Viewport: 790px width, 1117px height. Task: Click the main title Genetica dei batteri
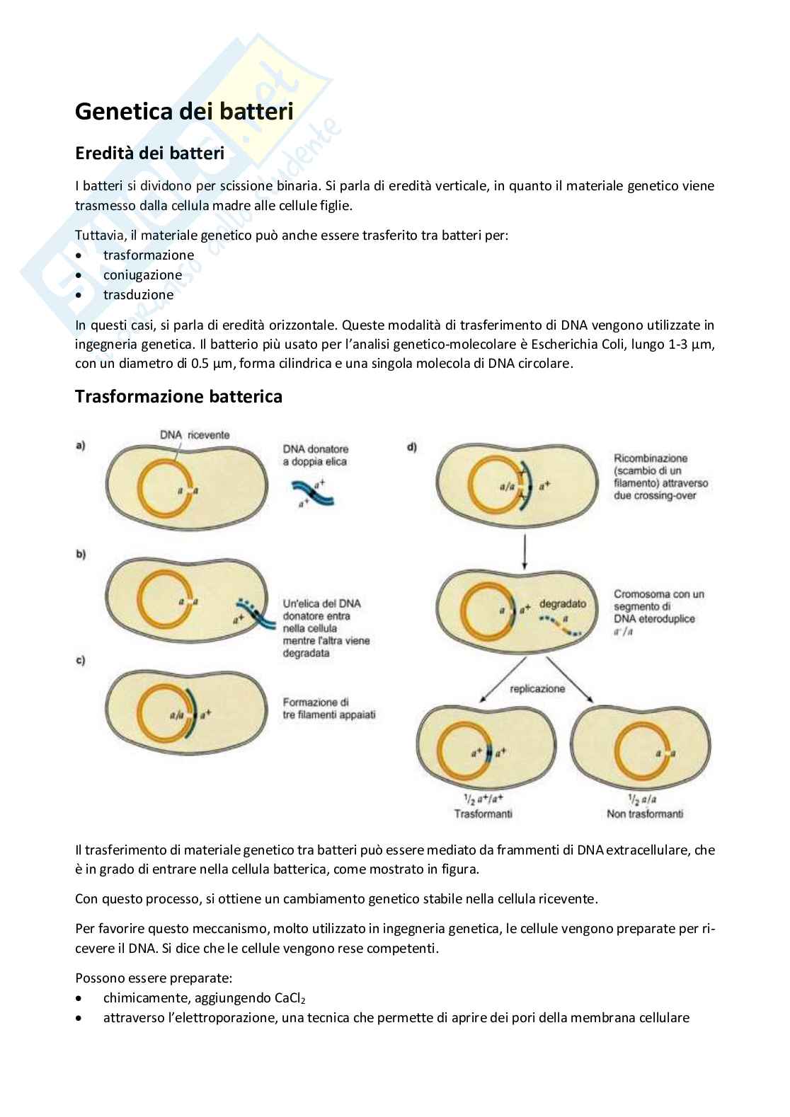(184, 111)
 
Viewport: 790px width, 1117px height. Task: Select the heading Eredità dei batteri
(149, 154)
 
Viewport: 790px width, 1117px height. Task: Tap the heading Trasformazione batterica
(178, 397)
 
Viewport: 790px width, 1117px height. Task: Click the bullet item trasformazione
(148, 255)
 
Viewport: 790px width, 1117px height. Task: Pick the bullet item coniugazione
(142, 275)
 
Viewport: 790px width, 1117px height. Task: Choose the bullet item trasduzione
(138, 295)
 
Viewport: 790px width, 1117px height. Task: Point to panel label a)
(81, 446)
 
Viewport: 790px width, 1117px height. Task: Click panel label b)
(81, 555)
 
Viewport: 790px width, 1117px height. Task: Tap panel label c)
(81, 661)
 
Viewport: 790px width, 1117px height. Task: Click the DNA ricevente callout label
(195, 435)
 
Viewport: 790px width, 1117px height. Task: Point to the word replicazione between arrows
(537, 689)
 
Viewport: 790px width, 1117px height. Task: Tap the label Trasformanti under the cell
(483, 814)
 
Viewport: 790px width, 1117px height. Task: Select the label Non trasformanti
(645, 814)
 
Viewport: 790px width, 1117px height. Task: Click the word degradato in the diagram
(563, 604)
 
